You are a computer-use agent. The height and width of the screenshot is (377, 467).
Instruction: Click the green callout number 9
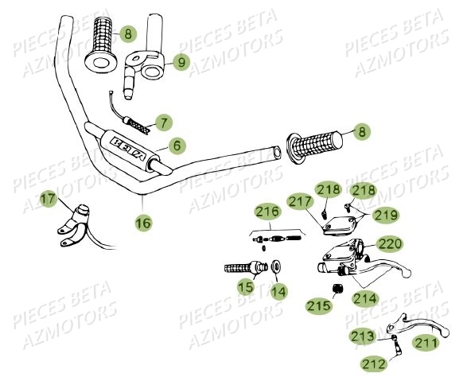[x=181, y=61]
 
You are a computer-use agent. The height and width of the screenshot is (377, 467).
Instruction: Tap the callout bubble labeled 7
[x=163, y=122]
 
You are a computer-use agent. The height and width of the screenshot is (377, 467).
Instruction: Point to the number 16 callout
[x=142, y=224]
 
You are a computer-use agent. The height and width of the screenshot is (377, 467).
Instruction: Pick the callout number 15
[x=248, y=286]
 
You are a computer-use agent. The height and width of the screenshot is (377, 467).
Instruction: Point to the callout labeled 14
[x=278, y=292]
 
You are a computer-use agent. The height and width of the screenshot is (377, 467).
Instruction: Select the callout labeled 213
[x=364, y=338]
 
